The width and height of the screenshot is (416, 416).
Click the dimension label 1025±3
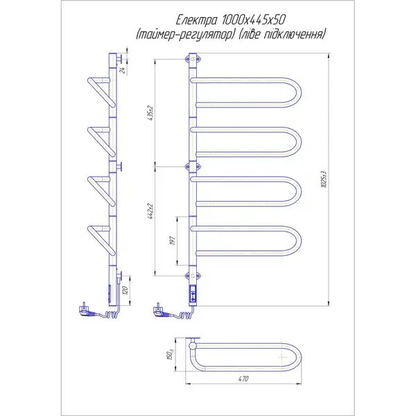(324, 180)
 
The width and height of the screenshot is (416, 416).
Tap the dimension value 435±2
(150, 114)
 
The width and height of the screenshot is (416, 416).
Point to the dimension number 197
(173, 241)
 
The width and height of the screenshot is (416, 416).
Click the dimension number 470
(243, 379)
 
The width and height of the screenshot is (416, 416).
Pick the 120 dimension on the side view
(126, 291)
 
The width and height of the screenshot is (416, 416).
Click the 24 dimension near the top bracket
(122, 70)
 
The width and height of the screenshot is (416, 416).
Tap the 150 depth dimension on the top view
(171, 354)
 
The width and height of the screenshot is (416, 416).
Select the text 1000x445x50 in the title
(254, 20)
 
